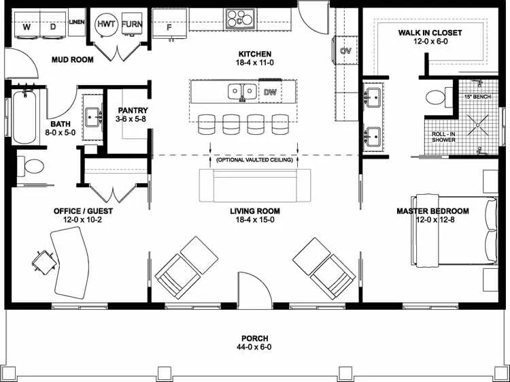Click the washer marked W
27,27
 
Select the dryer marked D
53,27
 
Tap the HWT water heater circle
107,24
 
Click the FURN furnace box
132,24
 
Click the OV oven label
345,51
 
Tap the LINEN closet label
77,22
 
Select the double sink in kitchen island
241,91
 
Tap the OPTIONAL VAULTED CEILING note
254,160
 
